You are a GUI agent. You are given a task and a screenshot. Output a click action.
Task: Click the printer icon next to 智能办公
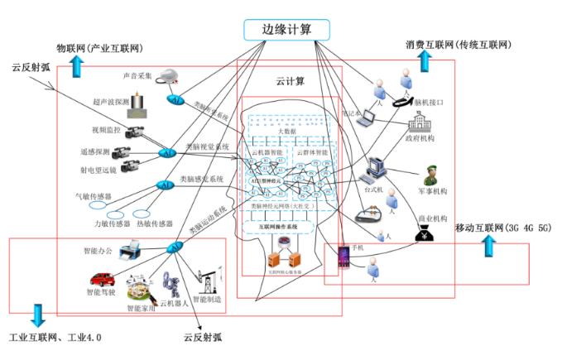tap(132, 249)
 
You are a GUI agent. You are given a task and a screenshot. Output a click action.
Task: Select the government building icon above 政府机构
tap(420, 126)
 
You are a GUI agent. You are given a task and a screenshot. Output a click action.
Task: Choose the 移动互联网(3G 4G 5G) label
tap(502, 226)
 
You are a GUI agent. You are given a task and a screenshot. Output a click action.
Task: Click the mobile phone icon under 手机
tap(342, 257)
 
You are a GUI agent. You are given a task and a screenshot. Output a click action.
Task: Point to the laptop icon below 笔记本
tap(367, 118)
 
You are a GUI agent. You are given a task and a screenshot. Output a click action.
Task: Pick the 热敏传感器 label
tap(154, 223)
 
